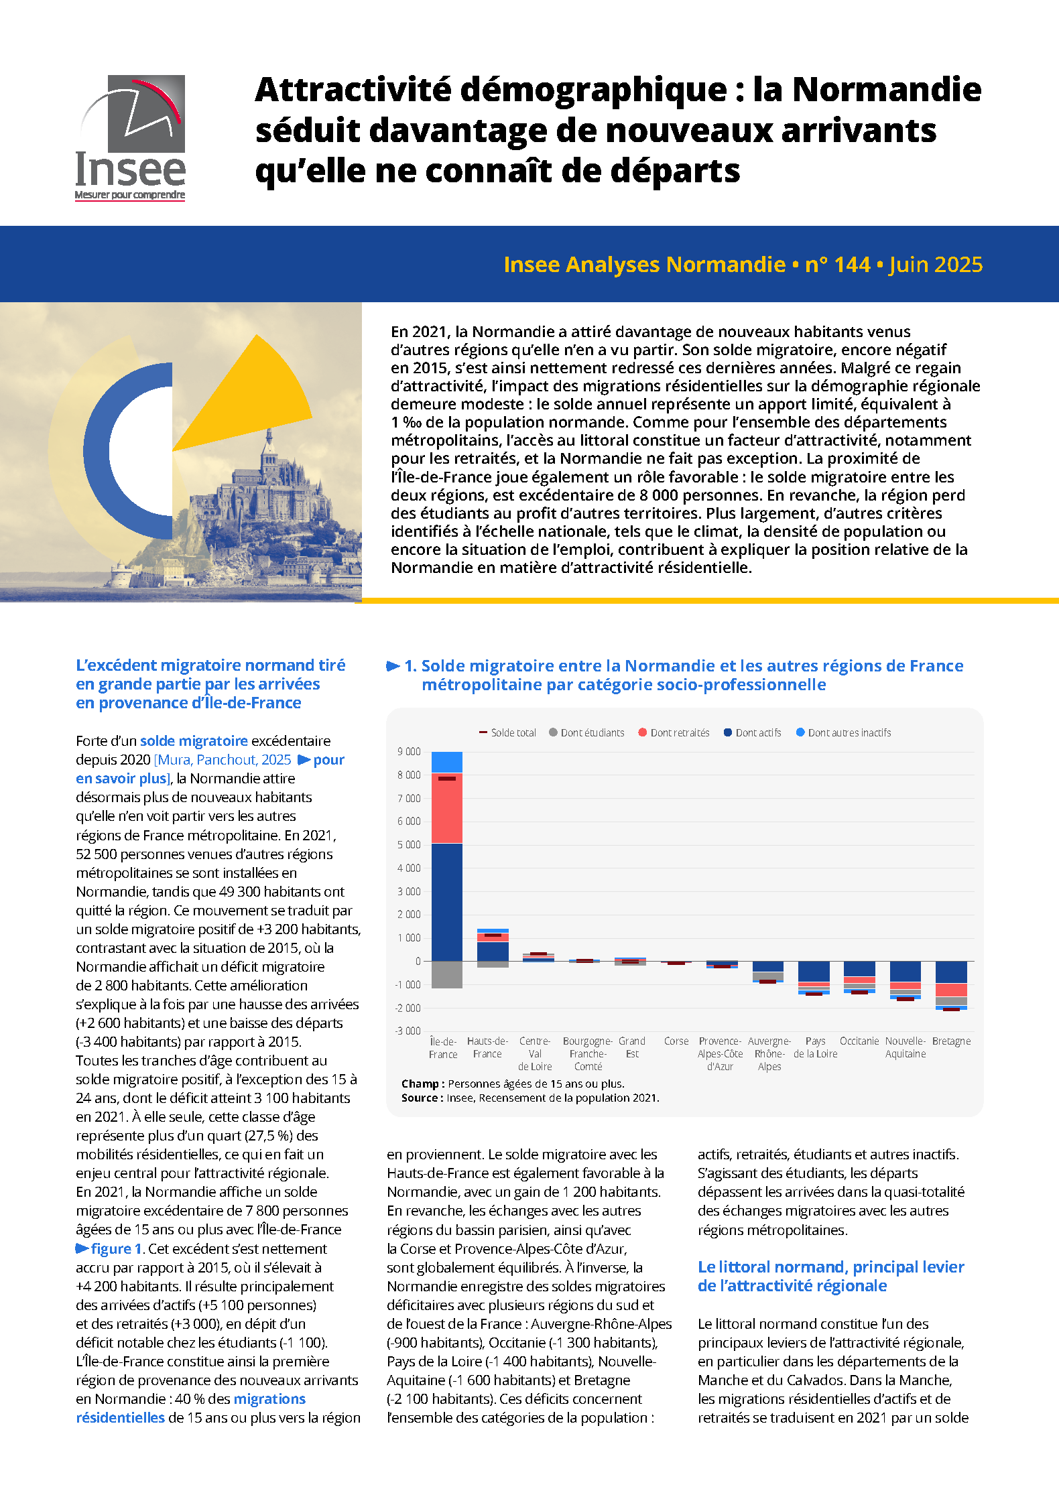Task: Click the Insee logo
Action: pyautogui.click(x=131, y=137)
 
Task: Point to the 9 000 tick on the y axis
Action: pyautogui.click(x=409, y=752)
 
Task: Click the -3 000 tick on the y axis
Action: pyautogui.click(x=408, y=1031)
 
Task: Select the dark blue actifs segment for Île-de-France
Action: pyautogui.click(x=446, y=901)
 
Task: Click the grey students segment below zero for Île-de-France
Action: pyautogui.click(x=446, y=974)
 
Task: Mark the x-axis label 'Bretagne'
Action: pyautogui.click(x=951, y=1041)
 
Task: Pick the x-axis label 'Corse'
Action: pyautogui.click(x=676, y=1041)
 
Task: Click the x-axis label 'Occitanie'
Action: pyautogui.click(x=859, y=1041)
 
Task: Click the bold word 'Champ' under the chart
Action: pyautogui.click(x=420, y=1084)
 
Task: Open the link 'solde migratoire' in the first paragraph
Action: pyautogui.click(x=194, y=740)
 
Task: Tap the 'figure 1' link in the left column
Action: pyautogui.click(x=115, y=1248)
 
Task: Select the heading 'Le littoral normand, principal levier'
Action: pyautogui.click(x=831, y=1266)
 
